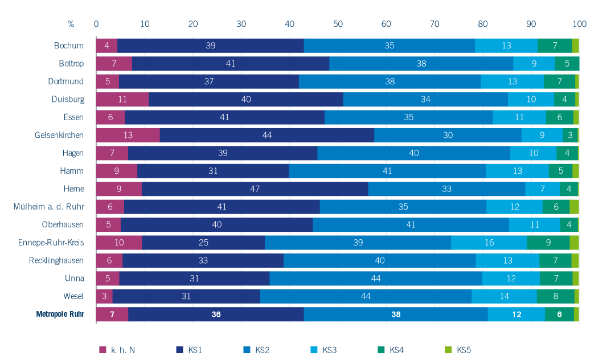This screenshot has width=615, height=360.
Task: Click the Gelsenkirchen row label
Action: tap(59, 135)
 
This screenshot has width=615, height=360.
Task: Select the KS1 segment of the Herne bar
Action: tap(255, 189)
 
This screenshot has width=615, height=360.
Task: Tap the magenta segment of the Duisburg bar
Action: tap(122, 99)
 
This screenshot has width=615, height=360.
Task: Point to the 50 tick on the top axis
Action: tap(338, 24)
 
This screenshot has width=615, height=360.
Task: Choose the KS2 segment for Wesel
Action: tap(366, 296)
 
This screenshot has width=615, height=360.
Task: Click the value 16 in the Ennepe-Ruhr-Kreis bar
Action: tap(489, 243)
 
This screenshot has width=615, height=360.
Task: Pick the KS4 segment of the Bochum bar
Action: tap(555, 46)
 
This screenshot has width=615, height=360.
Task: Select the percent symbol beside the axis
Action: tap(71, 24)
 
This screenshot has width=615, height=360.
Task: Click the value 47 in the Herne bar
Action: tap(255, 189)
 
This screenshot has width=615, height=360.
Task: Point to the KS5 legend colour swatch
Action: tap(447, 349)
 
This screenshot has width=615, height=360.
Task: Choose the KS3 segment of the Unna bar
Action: tap(511, 278)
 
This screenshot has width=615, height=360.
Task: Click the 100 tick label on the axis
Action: tap(579, 24)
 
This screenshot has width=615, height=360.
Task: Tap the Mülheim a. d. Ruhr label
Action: tap(49, 207)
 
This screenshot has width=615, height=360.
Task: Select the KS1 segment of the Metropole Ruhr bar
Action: tap(216, 314)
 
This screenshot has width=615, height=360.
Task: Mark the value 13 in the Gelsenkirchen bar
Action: tap(128, 135)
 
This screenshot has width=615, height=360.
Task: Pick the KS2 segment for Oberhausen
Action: tap(411, 224)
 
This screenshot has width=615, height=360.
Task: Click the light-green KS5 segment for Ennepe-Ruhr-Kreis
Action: tap(574, 243)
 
